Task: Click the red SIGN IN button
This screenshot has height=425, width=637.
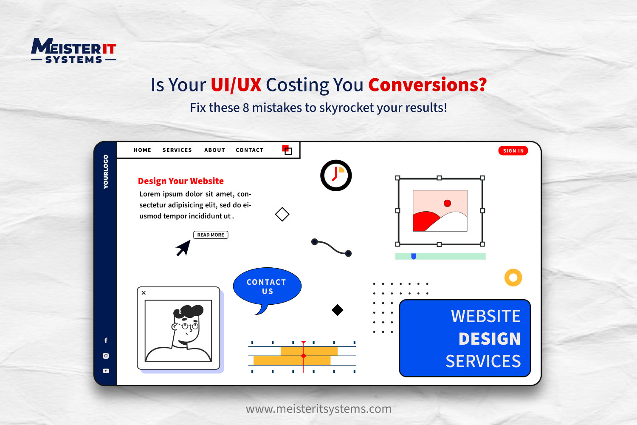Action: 513,150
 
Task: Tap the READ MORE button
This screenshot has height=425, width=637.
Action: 211,235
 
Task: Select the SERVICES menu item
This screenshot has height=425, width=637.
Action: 177,150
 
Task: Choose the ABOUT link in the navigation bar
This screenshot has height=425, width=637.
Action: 215,150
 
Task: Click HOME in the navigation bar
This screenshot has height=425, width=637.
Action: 142,150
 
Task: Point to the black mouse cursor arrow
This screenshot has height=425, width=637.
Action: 184,247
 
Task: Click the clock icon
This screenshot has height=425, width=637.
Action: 336,176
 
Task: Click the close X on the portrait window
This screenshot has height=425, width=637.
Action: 144,293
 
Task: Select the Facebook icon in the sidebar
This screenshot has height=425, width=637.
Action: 106,340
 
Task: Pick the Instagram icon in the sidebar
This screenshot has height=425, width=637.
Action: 106,356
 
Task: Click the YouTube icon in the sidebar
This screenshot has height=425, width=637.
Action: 106,371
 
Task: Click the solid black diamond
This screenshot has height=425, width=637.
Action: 337,310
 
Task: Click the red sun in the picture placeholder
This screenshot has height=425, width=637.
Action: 447,203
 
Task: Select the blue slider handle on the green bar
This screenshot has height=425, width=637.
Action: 414,256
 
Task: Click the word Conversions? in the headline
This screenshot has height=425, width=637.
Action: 428,85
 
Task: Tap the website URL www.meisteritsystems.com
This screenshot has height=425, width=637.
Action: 318,409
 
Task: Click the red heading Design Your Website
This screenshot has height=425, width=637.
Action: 181,181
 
